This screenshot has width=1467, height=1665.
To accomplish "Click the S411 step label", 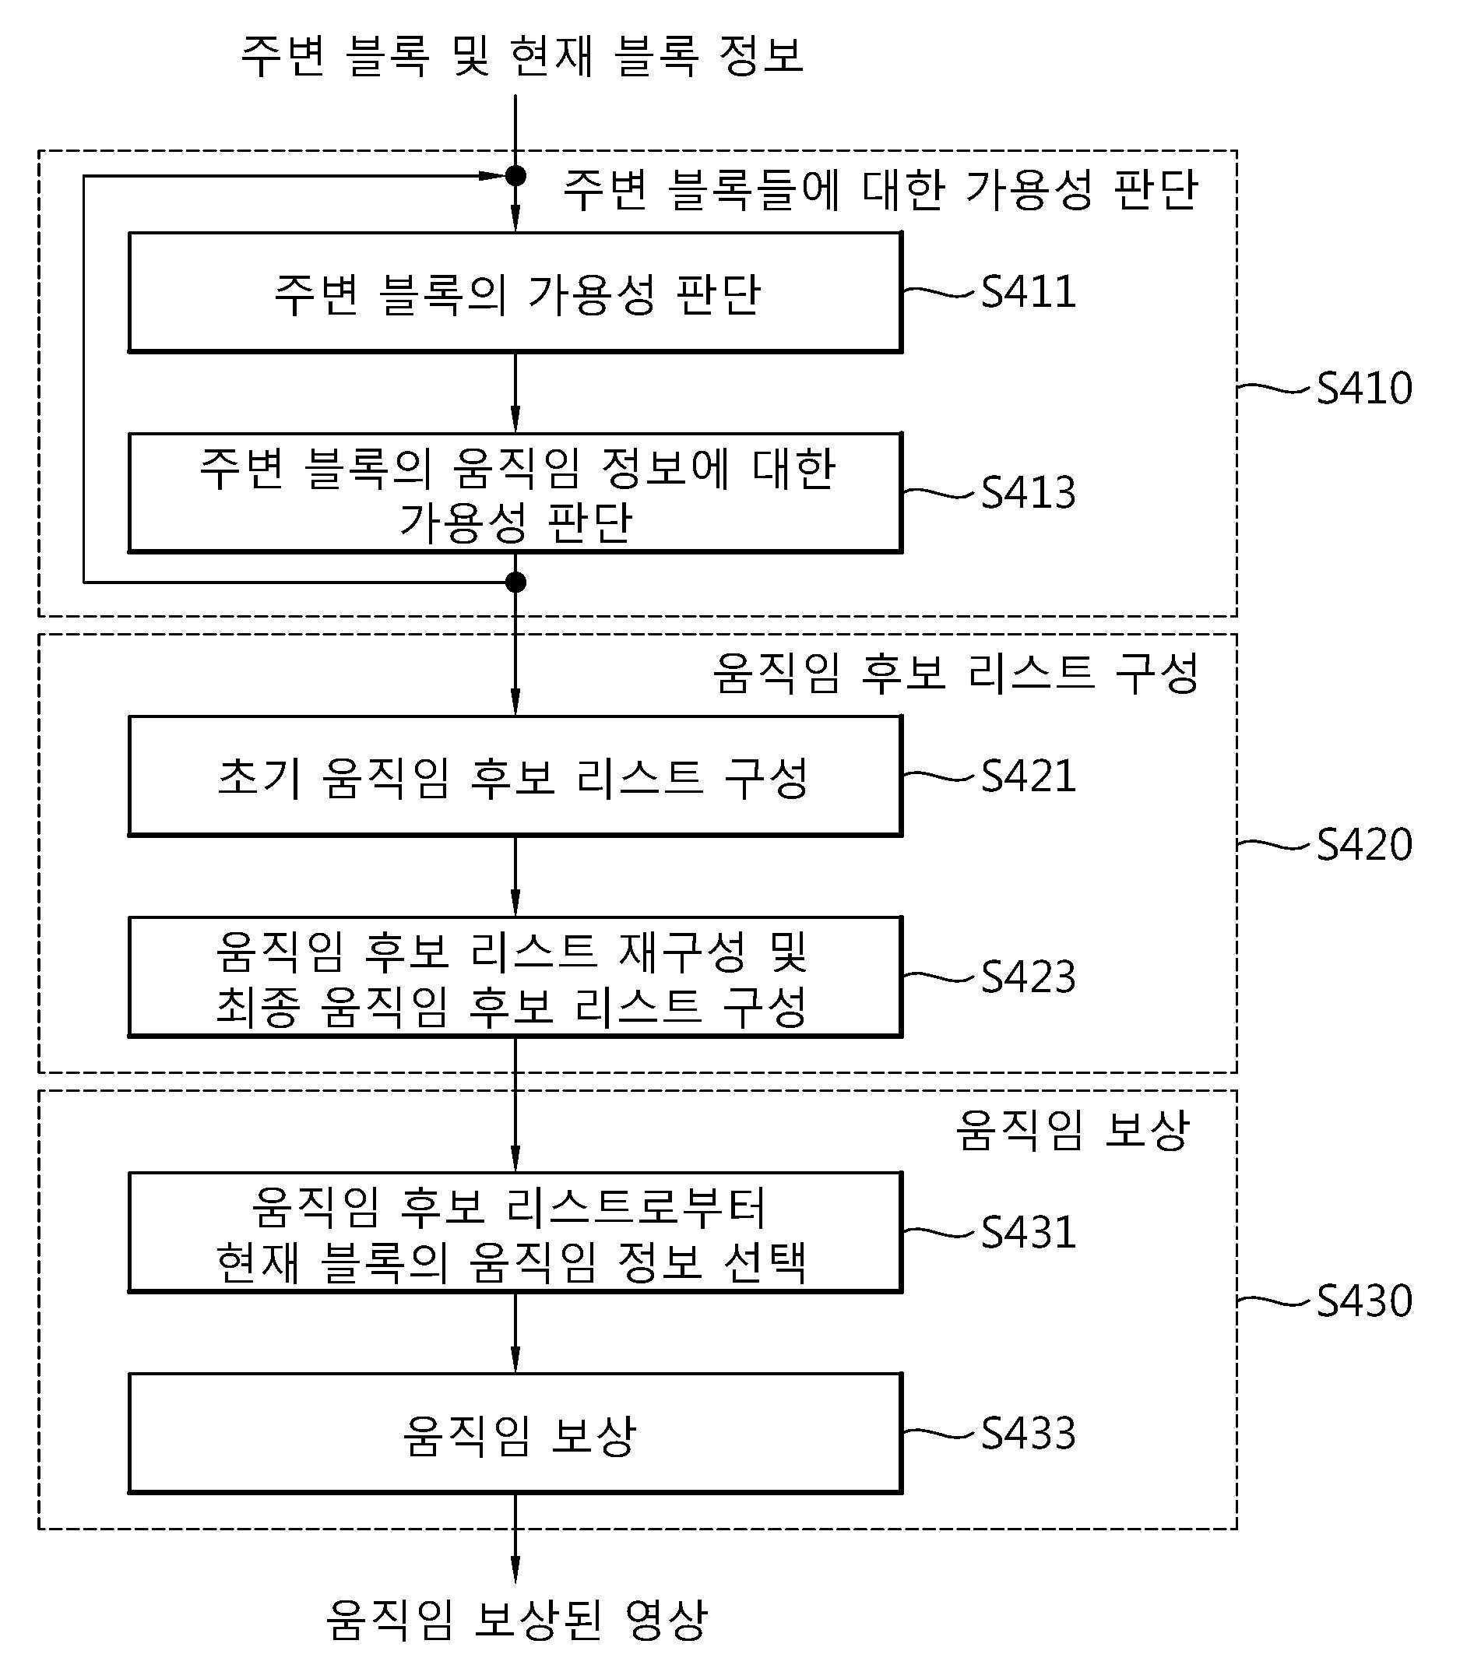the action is click(1028, 291).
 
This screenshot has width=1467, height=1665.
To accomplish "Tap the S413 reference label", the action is click(1028, 493).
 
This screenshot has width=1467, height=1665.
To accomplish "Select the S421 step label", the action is click(1028, 776).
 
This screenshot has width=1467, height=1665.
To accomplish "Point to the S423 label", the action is click(1028, 977).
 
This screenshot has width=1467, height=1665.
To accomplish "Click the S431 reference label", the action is click(1028, 1233).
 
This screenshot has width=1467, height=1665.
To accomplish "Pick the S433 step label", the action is click(1028, 1433).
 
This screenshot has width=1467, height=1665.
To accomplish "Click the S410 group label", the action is click(1364, 388).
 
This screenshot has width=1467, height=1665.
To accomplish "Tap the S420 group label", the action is click(1364, 844).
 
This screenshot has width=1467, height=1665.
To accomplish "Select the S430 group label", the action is click(1364, 1301).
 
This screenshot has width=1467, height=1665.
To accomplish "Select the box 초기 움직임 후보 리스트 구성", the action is click(515, 776).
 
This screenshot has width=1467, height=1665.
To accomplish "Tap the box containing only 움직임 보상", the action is click(515, 1434).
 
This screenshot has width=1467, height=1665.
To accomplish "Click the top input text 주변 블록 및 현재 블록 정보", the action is click(522, 55).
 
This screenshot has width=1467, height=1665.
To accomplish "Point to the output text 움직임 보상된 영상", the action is click(516, 1619).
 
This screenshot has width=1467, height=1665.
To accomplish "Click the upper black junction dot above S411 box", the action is click(515, 175).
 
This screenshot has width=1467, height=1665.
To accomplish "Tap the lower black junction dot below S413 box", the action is click(515, 583).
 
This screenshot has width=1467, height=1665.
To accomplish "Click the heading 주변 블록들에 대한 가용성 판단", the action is click(881, 190).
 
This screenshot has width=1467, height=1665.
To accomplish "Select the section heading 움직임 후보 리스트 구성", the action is click(955, 673).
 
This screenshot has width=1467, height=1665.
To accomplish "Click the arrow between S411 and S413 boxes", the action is click(515, 392).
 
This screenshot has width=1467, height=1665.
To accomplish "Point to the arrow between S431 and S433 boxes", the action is click(515, 1333).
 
